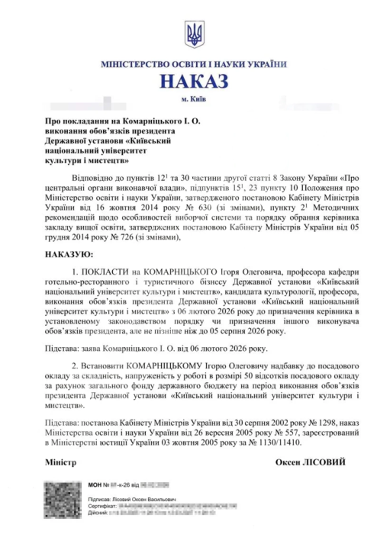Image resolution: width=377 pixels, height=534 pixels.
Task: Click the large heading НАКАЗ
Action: click(191, 82)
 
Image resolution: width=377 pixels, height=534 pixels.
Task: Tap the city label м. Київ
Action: click(191, 99)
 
